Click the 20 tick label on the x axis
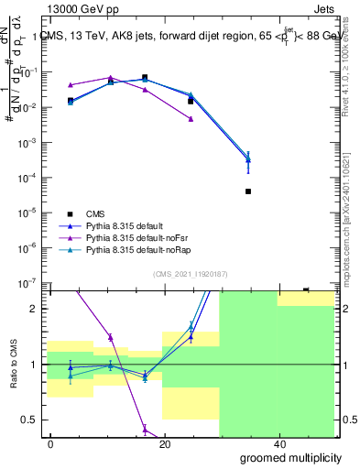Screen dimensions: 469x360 pyautogui.click(x=165, y=443)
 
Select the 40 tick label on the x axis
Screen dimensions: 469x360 pyautogui.click(x=278, y=443)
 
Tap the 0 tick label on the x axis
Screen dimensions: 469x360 pyautogui.click(x=51, y=443)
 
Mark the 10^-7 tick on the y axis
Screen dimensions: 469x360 pyautogui.click(x=30, y=283)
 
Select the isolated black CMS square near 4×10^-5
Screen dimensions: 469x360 pyautogui.click(x=248, y=191)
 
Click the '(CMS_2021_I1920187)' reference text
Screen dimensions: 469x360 pyautogui.click(x=190, y=272)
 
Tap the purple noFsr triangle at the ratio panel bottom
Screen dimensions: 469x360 pyautogui.click(x=145, y=428)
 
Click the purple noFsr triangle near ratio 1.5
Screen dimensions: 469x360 pyautogui.click(x=110, y=337)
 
